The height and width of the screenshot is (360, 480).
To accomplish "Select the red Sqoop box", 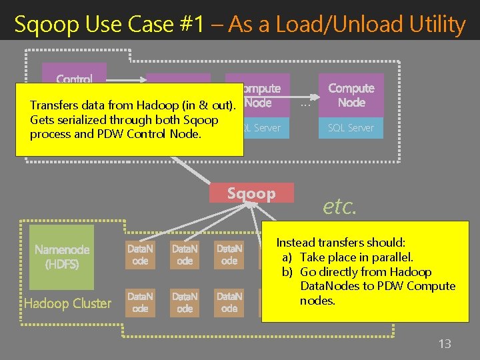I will (x=251, y=193).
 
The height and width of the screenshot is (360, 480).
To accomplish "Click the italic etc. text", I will (x=340, y=207).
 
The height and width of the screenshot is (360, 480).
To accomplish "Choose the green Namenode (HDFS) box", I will (x=62, y=257).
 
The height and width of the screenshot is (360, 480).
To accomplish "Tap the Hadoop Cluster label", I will (x=67, y=303).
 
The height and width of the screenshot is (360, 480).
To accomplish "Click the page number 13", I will (x=444, y=344).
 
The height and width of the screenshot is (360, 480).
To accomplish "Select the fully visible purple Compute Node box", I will (x=351, y=95).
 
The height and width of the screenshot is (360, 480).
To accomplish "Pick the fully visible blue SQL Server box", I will (x=351, y=127).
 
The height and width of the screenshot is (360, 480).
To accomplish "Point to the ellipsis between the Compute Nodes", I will (x=305, y=103).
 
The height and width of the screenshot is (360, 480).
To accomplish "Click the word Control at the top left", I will (x=74, y=79).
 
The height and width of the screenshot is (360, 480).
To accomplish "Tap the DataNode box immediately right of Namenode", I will (x=140, y=255).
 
